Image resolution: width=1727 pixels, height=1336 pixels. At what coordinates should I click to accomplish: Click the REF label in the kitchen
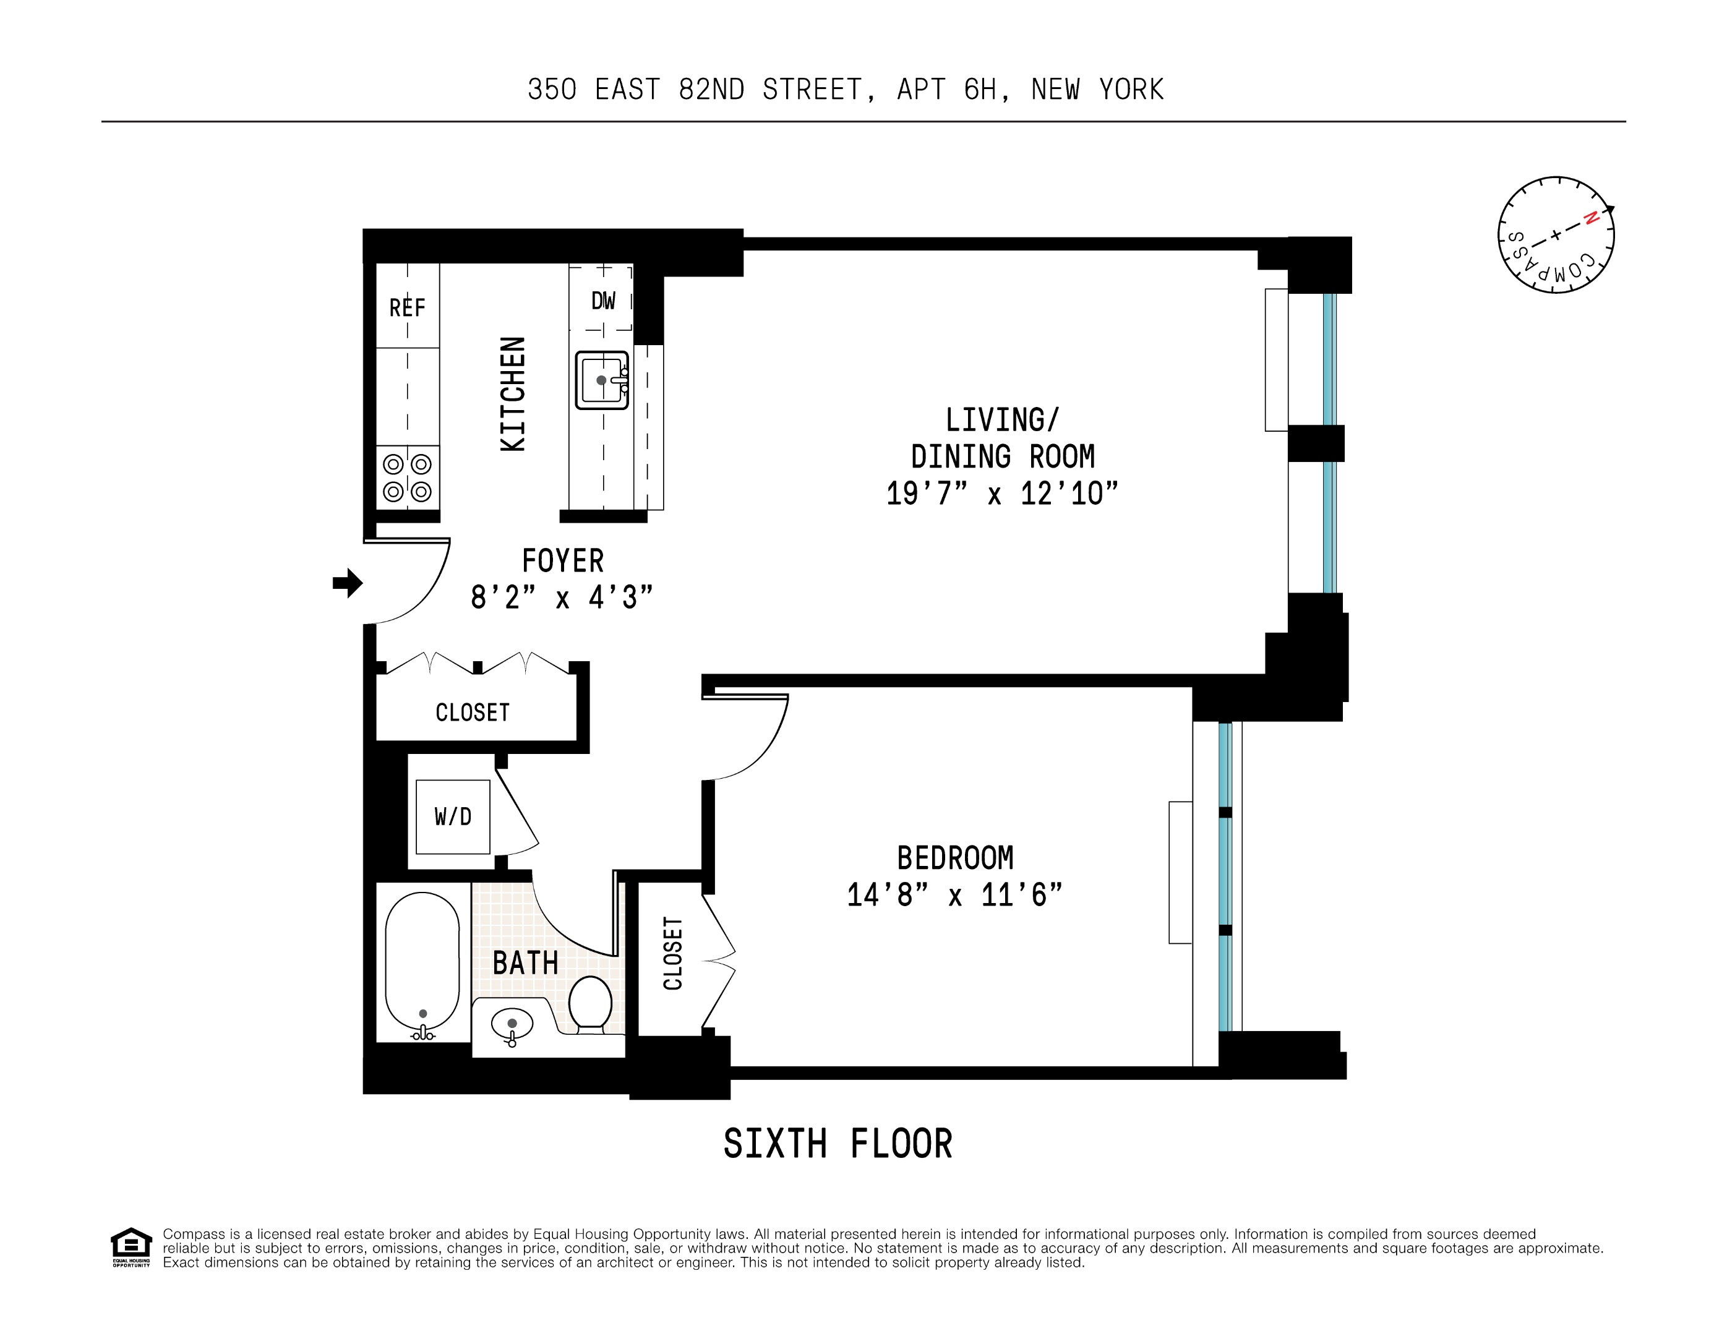[x=406, y=307]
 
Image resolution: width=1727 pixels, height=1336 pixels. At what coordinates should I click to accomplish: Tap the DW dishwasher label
[x=602, y=301]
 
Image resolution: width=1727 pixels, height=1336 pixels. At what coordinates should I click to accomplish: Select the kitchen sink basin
[x=602, y=380]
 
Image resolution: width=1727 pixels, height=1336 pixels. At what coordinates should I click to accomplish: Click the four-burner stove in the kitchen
[x=407, y=477]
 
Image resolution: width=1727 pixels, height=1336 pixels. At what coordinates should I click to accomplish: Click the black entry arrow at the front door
[x=347, y=583]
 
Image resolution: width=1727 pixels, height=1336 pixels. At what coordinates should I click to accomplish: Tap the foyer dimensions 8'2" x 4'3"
[x=562, y=597]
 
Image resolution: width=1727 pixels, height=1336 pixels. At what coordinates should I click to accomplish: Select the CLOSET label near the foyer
[x=472, y=713]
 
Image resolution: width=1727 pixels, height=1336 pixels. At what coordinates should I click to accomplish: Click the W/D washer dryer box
[x=453, y=816]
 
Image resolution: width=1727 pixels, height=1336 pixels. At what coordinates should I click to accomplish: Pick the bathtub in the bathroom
[x=422, y=964]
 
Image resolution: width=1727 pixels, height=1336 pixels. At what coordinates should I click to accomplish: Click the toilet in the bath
[x=590, y=1004]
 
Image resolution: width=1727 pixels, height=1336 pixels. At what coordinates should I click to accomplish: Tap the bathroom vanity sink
[x=512, y=1024]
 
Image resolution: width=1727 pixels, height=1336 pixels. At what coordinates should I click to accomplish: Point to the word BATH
[x=525, y=963]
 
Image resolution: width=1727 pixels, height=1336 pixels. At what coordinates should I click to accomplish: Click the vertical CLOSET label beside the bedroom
[x=672, y=953]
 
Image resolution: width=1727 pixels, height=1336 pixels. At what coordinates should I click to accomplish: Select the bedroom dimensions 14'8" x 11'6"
[x=954, y=895]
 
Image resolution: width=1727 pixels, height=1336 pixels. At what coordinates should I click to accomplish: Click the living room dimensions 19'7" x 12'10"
[x=1002, y=494]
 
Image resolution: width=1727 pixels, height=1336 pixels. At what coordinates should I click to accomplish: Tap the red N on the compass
[x=1591, y=218]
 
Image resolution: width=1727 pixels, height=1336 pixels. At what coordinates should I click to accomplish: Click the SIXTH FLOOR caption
[x=838, y=1144]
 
